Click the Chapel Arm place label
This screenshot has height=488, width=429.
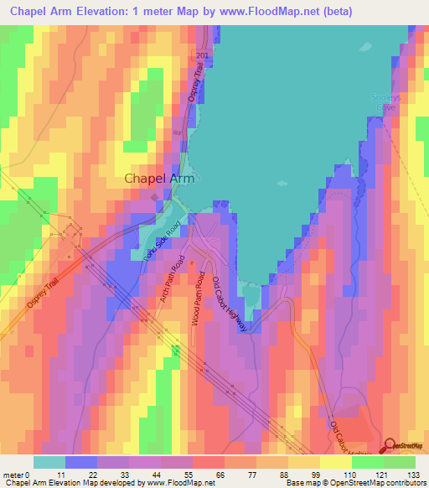tap(156, 178)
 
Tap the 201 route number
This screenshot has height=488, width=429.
tap(201, 55)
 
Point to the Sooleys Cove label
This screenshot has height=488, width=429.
tap(386, 102)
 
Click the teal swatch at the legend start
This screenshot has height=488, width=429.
tap(49, 462)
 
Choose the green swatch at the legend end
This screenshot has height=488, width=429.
tap(399, 462)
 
